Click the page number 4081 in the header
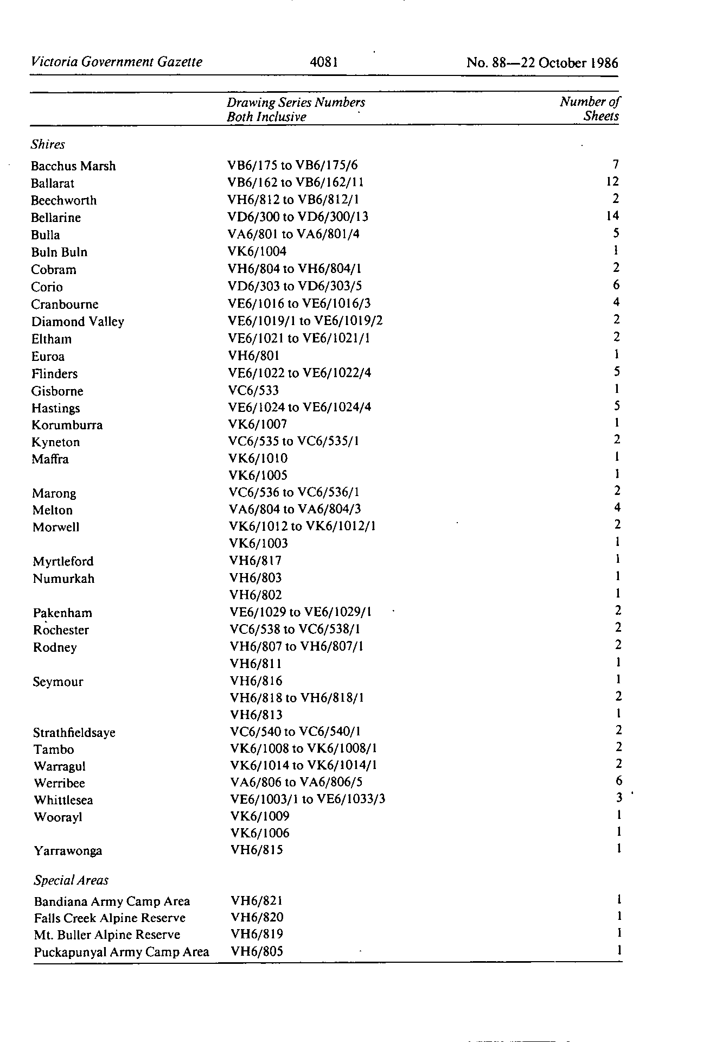324,62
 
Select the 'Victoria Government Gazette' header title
117,62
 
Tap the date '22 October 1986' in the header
570,63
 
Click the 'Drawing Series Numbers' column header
296,103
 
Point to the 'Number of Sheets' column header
590,109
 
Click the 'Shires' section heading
48,144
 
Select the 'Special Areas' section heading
71,880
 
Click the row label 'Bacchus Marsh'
73,166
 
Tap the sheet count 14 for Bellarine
612,216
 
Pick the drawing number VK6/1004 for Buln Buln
258,251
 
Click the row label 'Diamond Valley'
78,322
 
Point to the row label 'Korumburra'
67,425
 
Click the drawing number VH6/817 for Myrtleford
255,561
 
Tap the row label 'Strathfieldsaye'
74,733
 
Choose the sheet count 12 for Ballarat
613,182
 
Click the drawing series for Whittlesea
308,799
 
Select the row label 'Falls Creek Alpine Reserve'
110,918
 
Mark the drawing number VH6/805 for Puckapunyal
257,951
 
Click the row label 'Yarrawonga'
68,850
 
